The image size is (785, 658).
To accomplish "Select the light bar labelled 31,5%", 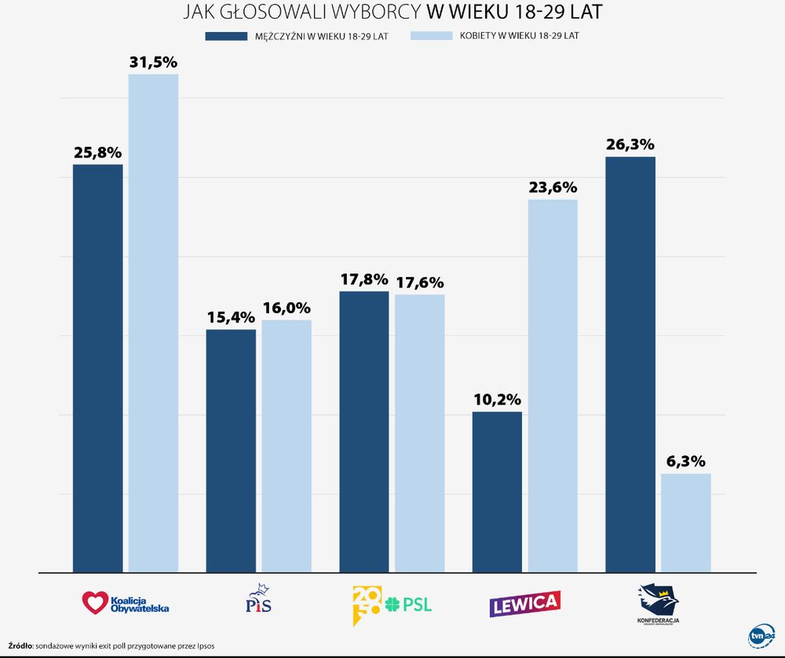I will pos(153,323).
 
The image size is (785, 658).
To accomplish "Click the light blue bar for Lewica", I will pos(553,385).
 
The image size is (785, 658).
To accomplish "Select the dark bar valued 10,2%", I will pos(497,492).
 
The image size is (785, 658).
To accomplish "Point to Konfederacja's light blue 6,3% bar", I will pos(686,522).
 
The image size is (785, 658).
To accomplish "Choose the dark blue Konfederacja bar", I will pos(630,364).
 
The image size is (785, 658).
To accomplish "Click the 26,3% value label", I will pos(630,144).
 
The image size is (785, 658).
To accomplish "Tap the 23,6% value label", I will pos(553,188).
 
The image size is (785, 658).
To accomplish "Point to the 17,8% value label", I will pos(364,280).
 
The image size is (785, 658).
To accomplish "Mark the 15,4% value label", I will pos(231,317).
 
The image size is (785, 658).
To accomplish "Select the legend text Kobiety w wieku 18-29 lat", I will pos(520,36).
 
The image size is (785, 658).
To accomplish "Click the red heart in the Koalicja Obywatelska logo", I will pos(93,603).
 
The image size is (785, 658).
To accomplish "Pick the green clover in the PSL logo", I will pos(392,605).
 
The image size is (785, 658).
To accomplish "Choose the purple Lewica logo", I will pos(524,603).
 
